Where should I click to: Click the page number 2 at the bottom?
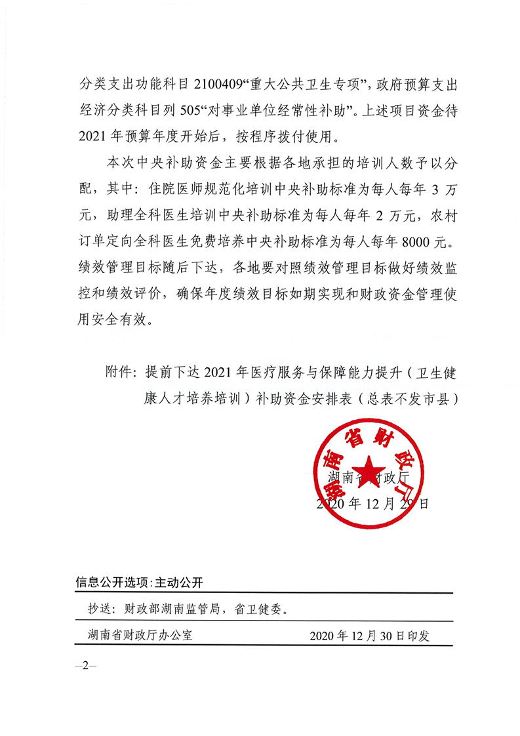85,665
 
